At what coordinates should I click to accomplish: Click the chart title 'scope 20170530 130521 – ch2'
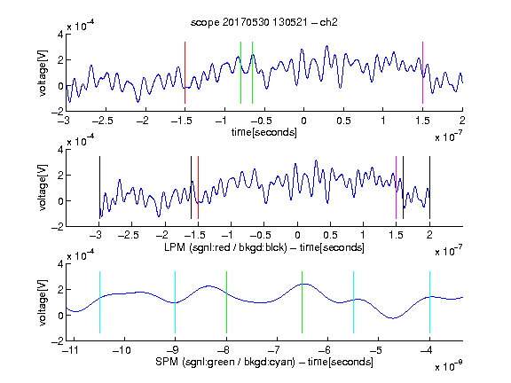(x=264, y=22)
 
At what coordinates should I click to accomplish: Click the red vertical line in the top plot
(x=185, y=73)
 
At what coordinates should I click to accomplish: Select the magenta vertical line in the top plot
(x=422, y=73)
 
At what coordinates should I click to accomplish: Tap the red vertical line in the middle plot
(x=198, y=188)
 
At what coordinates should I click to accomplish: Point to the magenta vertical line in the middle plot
(x=396, y=188)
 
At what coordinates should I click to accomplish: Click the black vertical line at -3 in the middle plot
(x=99, y=188)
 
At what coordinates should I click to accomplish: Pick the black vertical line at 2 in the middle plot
(x=429, y=188)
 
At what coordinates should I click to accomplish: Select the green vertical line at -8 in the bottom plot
(x=226, y=302)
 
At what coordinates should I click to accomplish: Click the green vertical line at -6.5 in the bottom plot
(x=303, y=302)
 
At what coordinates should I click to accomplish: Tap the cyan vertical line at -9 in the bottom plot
(x=176, y=302)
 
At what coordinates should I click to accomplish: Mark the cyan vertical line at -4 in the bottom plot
(x=429, y=302)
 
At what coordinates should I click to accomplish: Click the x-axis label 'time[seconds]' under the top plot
(x=264, y=132)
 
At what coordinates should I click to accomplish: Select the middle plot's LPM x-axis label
(x=264, y=247)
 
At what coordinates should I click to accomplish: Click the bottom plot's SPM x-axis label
(x=264, y=362)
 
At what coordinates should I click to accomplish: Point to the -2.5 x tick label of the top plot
(x=103, y=121)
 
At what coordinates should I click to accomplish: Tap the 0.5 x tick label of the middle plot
(x=330, y=235)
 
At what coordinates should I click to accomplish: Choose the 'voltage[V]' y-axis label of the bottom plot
(x=43, y=303)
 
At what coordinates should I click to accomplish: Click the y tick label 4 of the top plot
(x=60, y=35)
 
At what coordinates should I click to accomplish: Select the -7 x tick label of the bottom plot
(x=276, y=350)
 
